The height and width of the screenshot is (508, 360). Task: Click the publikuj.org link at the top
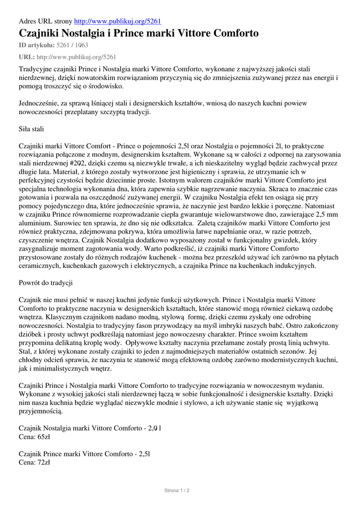click(x=117, y=21)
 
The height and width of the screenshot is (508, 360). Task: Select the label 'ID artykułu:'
click(x=36, y=45)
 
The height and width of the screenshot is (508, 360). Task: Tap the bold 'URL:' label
click(x=27, y=57)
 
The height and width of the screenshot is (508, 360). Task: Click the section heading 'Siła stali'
click(x=31, y=130)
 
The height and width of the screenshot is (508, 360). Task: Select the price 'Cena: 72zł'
click(x=34, y=462)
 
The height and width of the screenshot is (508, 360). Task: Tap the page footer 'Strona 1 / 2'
click(x=177, y=490)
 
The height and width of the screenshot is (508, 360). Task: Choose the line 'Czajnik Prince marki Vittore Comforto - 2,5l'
click(x=84, y=454)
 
